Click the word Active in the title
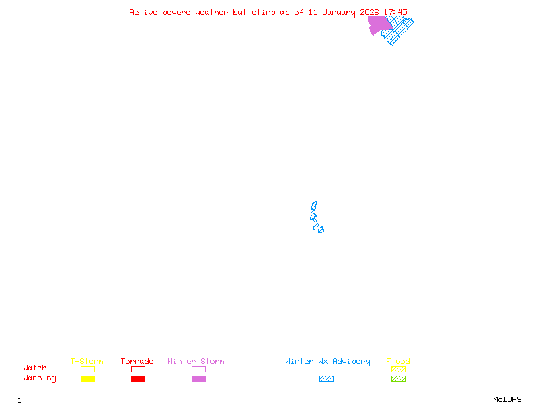click(143, 12)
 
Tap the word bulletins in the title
click(254, 12)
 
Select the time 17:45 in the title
click(395, 12)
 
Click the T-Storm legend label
click(87, 361)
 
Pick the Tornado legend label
click(137, 361)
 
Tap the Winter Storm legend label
click(196, 361)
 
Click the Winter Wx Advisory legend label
click(328, 361)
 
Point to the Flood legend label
click(398, 361)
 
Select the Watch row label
click(35, 368)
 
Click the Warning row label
click(40, 378)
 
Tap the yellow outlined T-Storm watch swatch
click(87, 369)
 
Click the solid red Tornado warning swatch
click(138, 378)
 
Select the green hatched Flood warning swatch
click(398, 378)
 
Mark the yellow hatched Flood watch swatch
click(398, 369)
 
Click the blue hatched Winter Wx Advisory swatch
click(326, 378)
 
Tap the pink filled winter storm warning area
click(378, 24)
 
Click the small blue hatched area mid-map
click(314, 214)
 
